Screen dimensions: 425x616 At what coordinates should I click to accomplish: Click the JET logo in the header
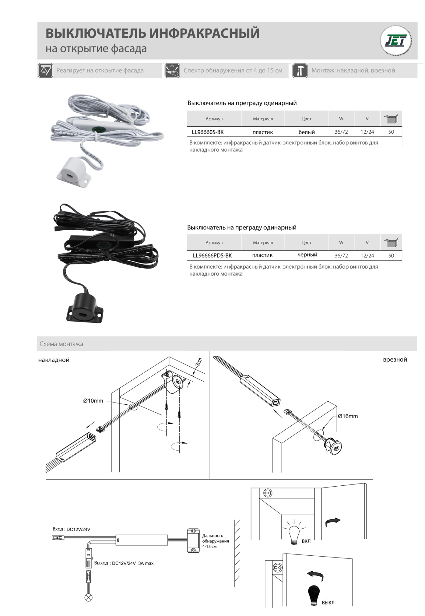click(396, 41)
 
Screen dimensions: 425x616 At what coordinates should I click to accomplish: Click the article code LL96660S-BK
click(208, 132)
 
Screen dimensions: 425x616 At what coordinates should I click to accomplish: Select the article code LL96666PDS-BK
click(212, 255)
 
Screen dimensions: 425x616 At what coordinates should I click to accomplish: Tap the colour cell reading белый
click(307, 132)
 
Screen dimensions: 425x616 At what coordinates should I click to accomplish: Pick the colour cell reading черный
click(307, 255)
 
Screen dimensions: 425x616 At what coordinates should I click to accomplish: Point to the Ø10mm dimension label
click(93, 401)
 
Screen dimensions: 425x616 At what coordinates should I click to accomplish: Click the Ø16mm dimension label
click(348, 416)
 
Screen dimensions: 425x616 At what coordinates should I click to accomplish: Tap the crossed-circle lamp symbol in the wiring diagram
click(88, 598)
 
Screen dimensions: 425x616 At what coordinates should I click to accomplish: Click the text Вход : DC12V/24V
click(72, 529)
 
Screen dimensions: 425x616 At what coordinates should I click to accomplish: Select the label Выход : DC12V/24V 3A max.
click(124, 563)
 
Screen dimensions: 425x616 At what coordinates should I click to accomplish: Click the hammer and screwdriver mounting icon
click(300, 71)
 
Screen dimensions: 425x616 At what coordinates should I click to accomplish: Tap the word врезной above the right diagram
click(395, 359)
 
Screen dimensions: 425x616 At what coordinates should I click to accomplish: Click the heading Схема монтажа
click(61, 344)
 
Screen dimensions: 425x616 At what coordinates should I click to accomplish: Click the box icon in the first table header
click(391, 119)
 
